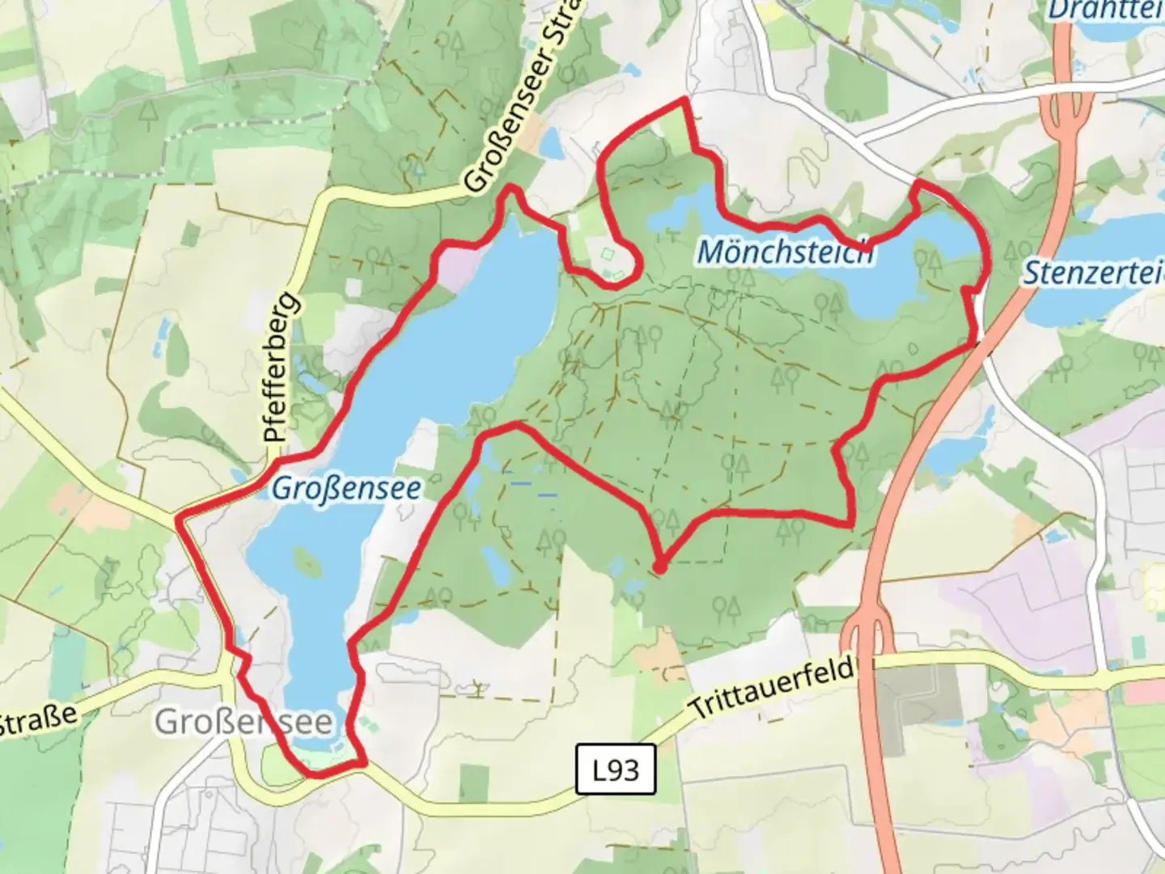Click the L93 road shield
[x=616, y=770]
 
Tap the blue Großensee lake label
[x=346, y=488]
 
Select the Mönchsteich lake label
[x=785, y=252]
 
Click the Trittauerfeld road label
[x=773, y=688]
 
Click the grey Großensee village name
[x=244, y=721]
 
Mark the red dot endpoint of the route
[x=659, y=567]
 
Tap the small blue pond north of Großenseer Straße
[x=551, y=144]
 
